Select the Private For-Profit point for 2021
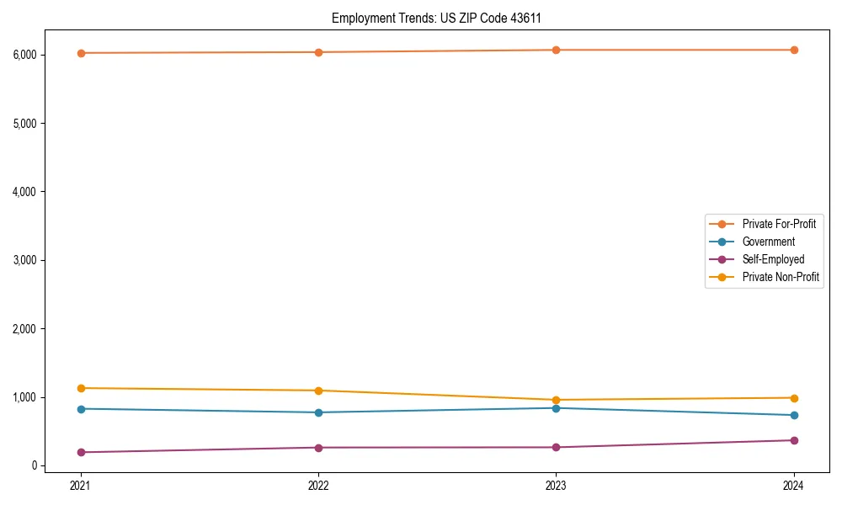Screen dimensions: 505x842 [81, 53]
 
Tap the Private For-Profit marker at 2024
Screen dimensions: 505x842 [794, 50]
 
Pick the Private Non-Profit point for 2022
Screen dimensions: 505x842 [318, 391]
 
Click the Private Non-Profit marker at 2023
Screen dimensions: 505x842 [556, 400]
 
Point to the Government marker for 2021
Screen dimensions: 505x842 [81, 409]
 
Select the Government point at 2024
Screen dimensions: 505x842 [794, 415]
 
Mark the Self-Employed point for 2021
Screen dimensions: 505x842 [81, 452]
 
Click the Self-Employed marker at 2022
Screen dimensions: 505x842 [318, 447]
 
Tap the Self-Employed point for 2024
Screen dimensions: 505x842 [794, 440]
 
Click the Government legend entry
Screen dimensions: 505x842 [768, 242]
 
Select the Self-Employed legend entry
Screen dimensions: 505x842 [773, 259]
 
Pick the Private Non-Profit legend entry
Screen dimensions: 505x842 [781, 277]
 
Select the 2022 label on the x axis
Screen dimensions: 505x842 [318, 485]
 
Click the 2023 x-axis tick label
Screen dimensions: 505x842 [556, 485]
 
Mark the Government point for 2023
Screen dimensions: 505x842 [556, 408]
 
